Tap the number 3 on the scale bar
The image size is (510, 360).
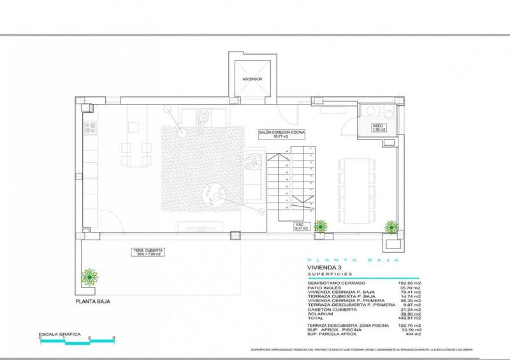[x=113, y=337]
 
